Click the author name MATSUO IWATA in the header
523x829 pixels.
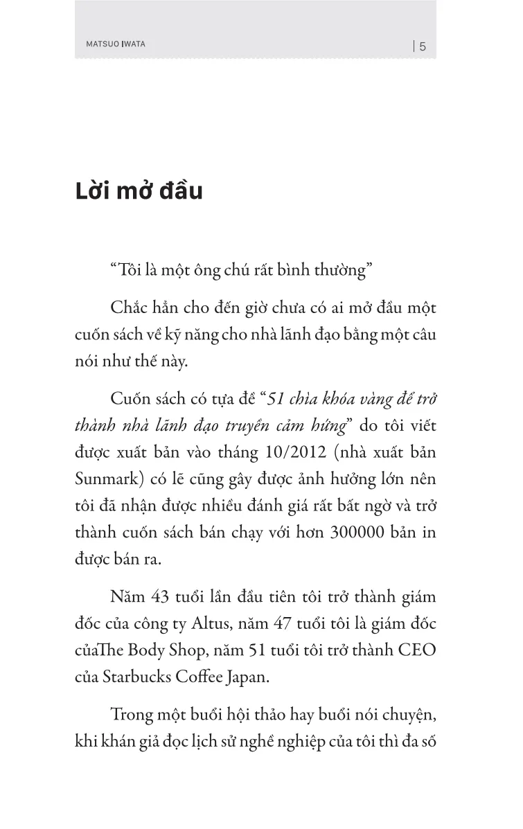[x=111, y=44]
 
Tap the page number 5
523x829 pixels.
[x=423, y=47]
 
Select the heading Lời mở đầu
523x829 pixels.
[x=139, y=192]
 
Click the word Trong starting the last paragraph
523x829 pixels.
[x=130, y=714]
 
